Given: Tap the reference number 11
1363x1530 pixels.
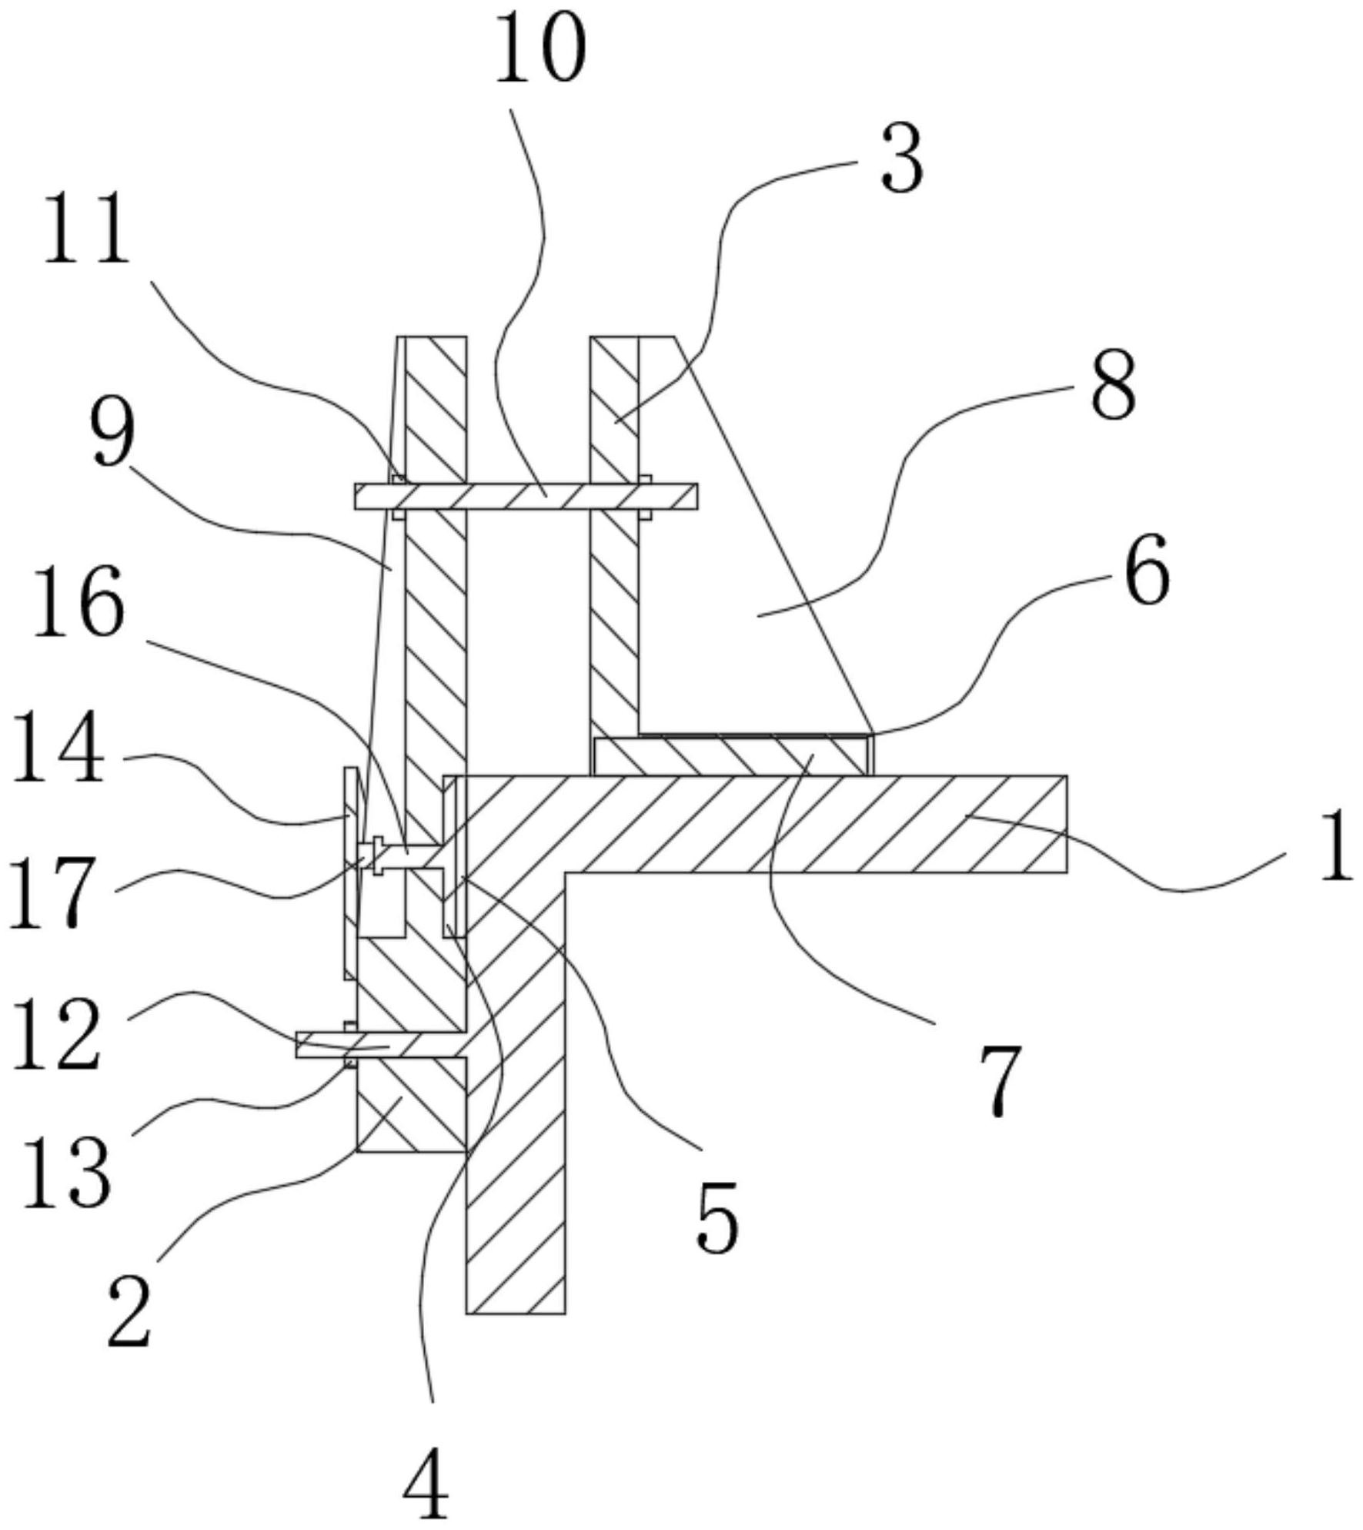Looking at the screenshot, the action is tap(85, 229).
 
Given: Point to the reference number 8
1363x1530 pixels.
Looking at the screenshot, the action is tap(1113, 385).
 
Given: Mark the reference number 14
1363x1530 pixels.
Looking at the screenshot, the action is tap(59, 748).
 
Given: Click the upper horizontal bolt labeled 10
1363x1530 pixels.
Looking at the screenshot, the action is tap(526, 497).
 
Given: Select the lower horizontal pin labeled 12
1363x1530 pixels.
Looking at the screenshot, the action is tap(380, 1045).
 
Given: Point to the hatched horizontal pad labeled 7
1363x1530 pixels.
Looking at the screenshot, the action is tap(731, 755).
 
